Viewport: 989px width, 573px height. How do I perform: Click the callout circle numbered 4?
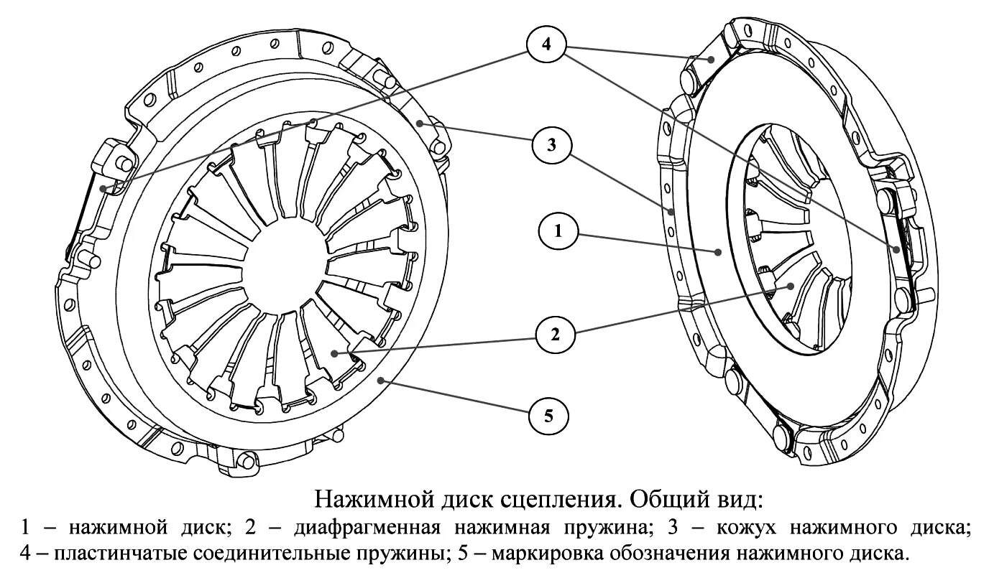pos(546,45)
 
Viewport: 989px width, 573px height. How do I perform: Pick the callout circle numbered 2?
pos(555,334)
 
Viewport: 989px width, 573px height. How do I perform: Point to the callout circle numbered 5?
pos(548,415)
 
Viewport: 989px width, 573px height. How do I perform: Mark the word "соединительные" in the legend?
pos(259,554)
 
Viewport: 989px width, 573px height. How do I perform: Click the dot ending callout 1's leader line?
pos(718,251)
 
